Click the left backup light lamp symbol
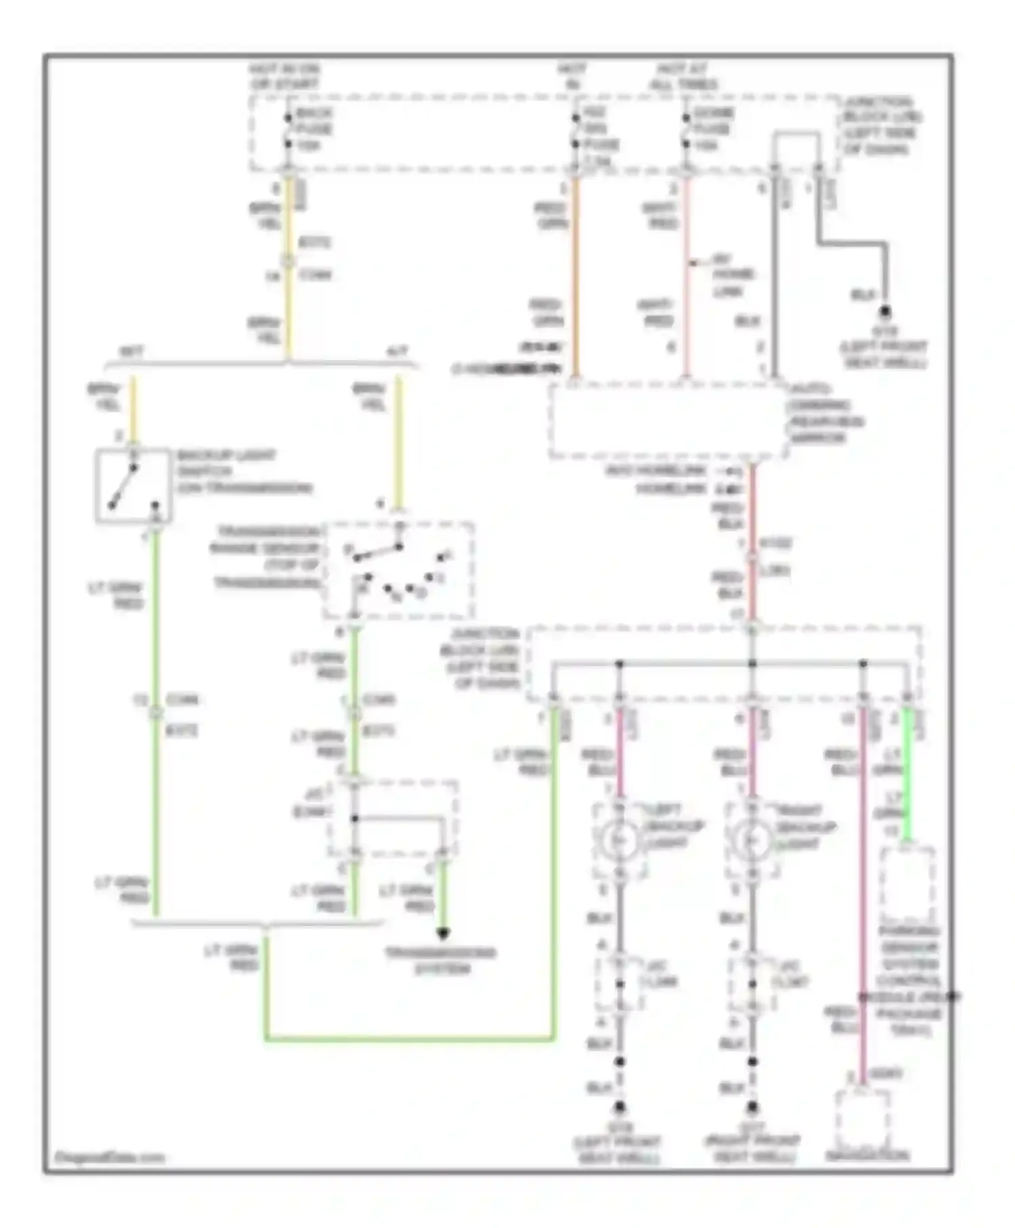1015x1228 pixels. point(618,840)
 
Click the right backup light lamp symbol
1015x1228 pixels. point(751,840)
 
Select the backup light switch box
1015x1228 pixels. point(133,485)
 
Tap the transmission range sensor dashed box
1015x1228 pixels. point(399,571)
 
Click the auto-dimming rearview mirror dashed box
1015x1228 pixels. point(668,421)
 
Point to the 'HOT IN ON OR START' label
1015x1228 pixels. point(284,76)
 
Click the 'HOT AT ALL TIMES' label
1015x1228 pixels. point(683,76)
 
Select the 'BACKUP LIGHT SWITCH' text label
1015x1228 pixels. point(244,472)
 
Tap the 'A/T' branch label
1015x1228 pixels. point(397,352)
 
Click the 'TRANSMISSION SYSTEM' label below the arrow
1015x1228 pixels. point(441,961)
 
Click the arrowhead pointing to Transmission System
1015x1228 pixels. point(443,934)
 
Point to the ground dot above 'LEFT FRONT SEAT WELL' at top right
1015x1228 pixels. point(884,312)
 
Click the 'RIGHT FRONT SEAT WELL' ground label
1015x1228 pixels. point(752,1149)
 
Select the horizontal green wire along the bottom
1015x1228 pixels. point(409,1038)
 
